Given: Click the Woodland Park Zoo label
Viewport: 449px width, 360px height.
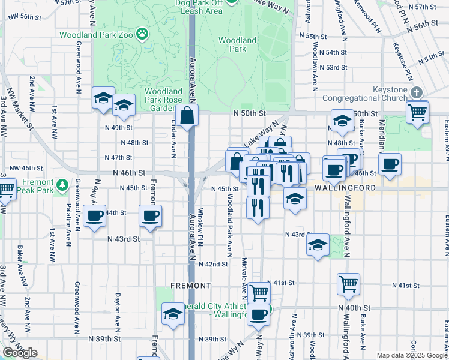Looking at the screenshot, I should point(96,34).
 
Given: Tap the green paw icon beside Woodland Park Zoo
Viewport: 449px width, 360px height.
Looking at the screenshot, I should point(142,34).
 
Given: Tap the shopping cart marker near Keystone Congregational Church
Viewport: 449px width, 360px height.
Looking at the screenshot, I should point(417,111).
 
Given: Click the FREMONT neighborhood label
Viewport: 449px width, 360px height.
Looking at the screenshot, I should point(191,285).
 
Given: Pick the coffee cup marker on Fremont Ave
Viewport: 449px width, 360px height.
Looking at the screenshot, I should point(150,215).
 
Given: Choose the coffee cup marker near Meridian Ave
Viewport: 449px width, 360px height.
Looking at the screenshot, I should point(390,164).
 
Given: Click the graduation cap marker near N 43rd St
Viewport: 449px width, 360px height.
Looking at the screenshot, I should point(318,244).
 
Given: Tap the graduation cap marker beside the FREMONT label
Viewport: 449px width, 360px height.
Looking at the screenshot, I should point(173,314).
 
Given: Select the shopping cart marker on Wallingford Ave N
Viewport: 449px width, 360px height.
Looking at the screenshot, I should point(348,285).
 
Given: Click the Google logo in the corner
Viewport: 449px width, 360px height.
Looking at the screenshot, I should point(20,353).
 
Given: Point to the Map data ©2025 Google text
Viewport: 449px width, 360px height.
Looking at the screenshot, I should point(411,355).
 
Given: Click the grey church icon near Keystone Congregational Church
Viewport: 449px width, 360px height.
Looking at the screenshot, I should point(417,93).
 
